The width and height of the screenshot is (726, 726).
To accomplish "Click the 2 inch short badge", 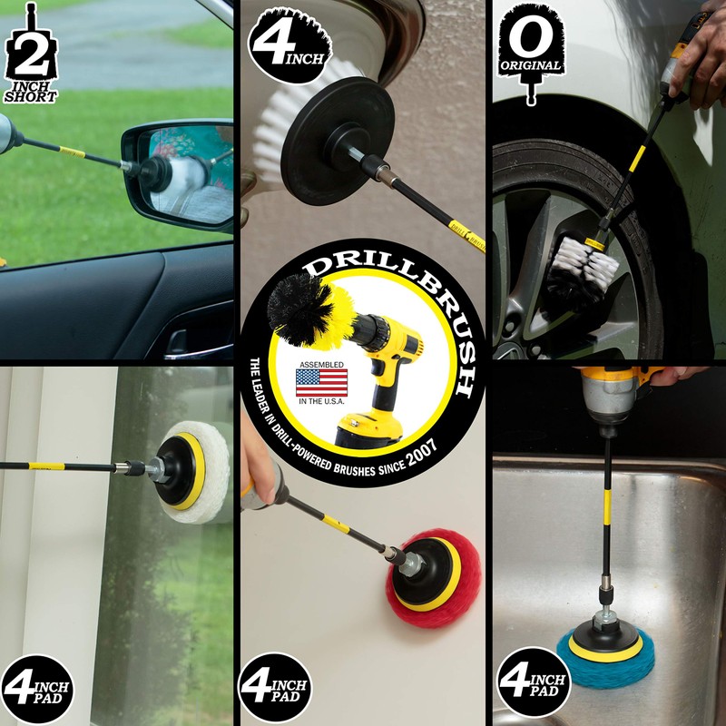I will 30,56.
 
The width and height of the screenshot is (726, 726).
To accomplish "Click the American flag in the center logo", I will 321,381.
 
